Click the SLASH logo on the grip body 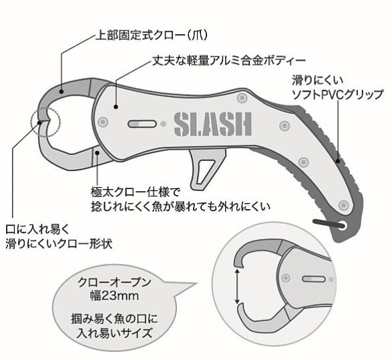[213, 124]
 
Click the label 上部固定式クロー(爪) [152, 35]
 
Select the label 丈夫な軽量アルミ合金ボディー [229, 61]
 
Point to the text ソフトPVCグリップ [338, 95]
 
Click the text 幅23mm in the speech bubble [114, 296]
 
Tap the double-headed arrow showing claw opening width [237, 287]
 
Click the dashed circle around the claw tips [45, 122]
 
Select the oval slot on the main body [142, 124]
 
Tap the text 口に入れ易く [37, 230]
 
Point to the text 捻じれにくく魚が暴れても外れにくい [180, 207]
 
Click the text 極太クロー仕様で [136, 192]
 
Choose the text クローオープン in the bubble [114, 282]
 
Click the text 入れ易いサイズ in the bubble [114, 333]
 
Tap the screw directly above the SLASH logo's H [242, 98]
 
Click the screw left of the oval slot [103, 122]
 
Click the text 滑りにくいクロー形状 [59, 244]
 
